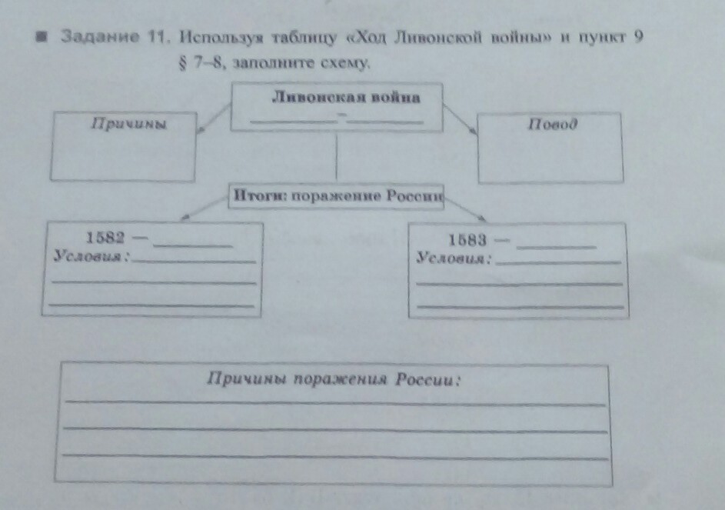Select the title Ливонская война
pyautogui.click(x=346, y=98)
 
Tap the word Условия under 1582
pyautogui.click(x=91, y=255)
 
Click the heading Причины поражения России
pyautogui.click(x=332, y=379)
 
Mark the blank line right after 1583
pyautogui.click(x=557, y=246)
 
